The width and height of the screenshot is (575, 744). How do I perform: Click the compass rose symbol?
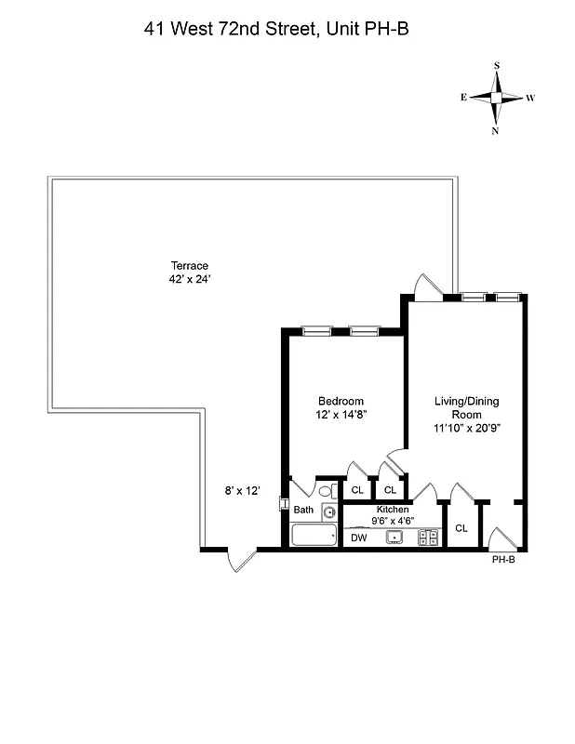[497, 98]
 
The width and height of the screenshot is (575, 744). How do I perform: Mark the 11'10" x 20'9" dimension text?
[467, 430]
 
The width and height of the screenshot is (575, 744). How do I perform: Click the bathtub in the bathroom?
[314, 535]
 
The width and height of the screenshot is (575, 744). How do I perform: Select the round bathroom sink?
[329, 511]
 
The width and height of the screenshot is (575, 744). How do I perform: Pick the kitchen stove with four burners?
[428, 537]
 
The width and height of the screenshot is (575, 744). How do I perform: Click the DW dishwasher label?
[358, 538]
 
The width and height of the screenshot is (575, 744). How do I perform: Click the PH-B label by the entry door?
[503, 561]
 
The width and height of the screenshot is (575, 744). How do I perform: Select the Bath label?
[304, 510]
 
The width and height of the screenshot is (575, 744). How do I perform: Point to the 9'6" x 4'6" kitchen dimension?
[392, 522]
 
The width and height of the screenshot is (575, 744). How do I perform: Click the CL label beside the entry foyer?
[461, 528]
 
